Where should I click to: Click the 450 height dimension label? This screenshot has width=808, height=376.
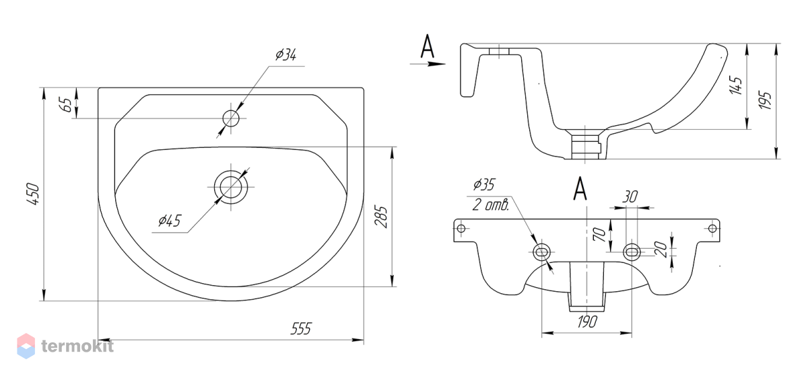(33, 194)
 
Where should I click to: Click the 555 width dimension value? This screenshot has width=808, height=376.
(301, 328)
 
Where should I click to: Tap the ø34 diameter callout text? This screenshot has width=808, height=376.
(285, 54)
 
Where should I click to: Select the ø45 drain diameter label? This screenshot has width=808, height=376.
(170, 220)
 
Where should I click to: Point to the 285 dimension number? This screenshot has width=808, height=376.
(381, 217)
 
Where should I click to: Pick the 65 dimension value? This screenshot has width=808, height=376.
(67, 104)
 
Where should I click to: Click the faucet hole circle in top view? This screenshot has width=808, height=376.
(231, 118)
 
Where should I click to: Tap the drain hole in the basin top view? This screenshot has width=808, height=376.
(231, 187)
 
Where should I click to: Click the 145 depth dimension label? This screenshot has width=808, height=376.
(736, 85)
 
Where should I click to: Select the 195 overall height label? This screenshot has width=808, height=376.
(765, 100)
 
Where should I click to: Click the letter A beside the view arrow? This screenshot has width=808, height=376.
(428, 46)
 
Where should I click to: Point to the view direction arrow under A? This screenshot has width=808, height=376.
(428, 64)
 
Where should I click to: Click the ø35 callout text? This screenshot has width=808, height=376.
(484, 184)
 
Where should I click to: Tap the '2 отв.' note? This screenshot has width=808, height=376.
(491, 204)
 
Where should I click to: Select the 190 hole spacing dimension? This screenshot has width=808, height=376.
(587, 322)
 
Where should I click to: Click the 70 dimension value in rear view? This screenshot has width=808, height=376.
(599, 235)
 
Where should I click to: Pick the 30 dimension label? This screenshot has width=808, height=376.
(630, 197)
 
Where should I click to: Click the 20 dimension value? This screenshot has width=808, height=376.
(661, 249)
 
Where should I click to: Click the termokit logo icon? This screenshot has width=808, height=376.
(26, 346)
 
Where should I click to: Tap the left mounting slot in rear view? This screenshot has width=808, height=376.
(541, 252)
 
